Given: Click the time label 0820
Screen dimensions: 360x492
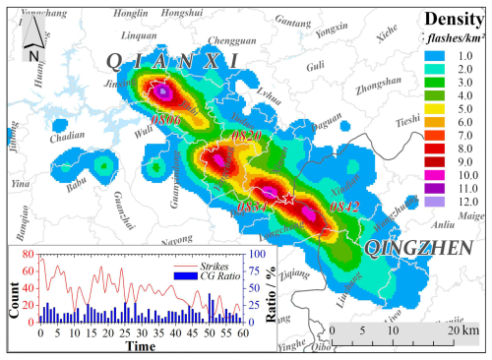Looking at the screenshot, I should [248, 134].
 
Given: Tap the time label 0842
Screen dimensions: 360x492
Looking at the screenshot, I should [344, 207].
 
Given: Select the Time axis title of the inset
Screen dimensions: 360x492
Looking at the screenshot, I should [139, 348].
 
